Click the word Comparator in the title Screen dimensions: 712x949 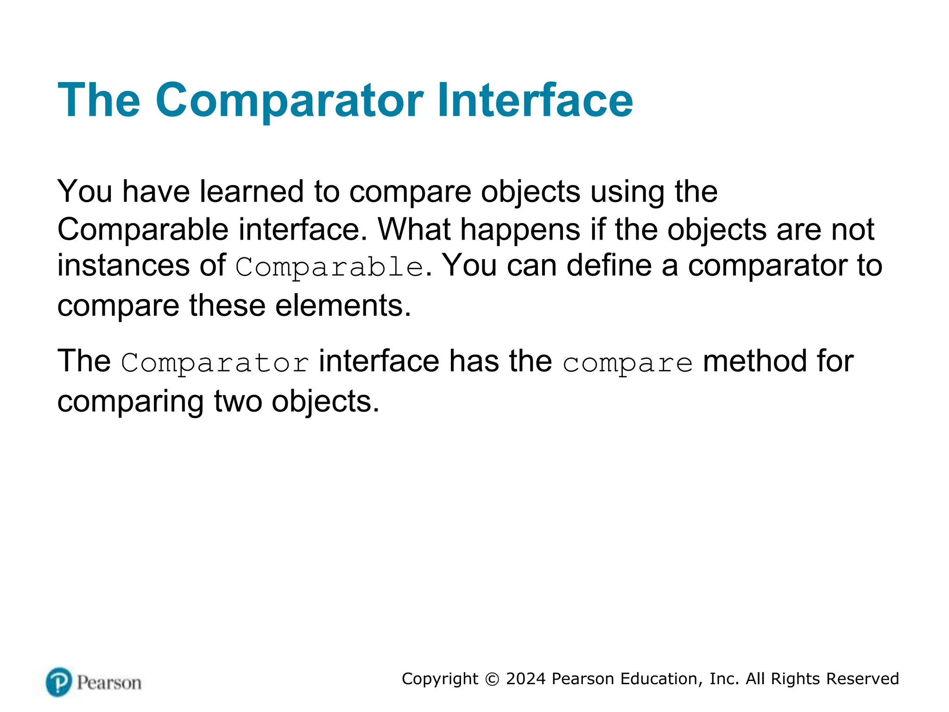coord(289,101)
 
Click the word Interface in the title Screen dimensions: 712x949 coord(535,101)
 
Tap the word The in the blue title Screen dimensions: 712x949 coord(99,101)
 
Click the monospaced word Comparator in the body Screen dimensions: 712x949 coord(215,363)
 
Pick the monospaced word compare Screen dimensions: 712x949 coord(627,363)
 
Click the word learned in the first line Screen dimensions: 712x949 coord(251,191)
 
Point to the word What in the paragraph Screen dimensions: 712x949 coord(414,229)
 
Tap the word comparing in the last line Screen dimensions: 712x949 coord(130,402)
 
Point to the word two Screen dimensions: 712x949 coord(237,402)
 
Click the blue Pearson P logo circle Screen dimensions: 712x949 coord(59,682)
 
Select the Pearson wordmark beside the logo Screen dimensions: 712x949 coord(109,683)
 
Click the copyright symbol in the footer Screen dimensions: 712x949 coord(492,679)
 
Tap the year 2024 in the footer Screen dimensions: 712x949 coord(525,679)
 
